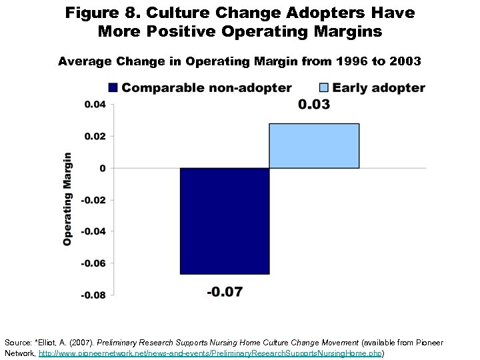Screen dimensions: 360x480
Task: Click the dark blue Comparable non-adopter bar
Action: pos(225,221)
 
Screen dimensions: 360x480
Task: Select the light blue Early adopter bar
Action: pos(314,146)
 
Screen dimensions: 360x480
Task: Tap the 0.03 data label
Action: pos(313,105)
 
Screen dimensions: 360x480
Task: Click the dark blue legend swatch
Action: pos(113,87)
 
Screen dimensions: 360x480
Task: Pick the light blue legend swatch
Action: pos(323,87)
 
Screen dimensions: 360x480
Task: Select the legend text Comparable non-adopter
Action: pos(206,87)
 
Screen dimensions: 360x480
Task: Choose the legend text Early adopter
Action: pos(378,87)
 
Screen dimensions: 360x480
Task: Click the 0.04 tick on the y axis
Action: pos(94,104)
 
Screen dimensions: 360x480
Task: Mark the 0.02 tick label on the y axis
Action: pos(94,136)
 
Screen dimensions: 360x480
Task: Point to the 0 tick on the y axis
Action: pos(102,168)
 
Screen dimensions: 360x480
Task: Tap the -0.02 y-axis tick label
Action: pos(93,200)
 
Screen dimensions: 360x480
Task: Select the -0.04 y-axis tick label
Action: pos(93,231)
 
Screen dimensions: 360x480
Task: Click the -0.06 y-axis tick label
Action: pos(93,263)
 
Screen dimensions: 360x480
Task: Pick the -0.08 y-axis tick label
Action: pos(93,295)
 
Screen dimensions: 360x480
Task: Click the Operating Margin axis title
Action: pos(67,199)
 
